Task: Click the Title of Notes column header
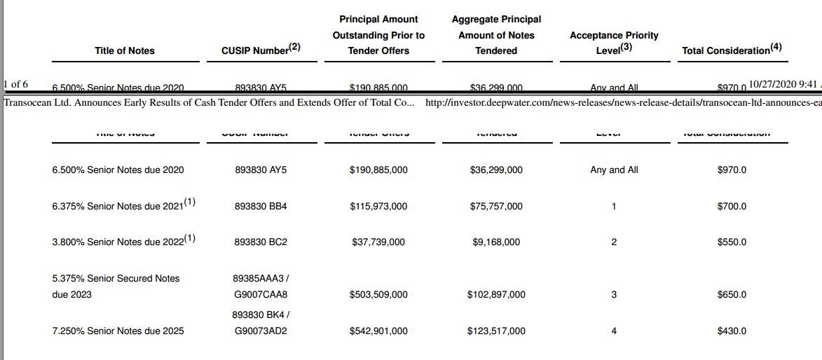coord(124,50)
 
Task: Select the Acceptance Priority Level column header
coord(614,43)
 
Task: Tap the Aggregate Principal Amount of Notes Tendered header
coord(496,35)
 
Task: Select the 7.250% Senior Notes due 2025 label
coord(118,331)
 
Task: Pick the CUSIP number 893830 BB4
coord(261,206)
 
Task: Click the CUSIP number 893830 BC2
coord(261,242)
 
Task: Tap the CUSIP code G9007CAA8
coord(261,294)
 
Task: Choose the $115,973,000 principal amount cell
coord(378,206)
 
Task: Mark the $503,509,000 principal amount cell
coord(378,294)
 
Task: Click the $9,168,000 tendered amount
coord(496,242)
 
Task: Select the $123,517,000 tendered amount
coord(496,331)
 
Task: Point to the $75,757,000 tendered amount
coord(496,206)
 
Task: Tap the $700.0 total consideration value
coord(732,206)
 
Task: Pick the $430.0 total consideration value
coord(732,331)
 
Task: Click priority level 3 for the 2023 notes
coord(614,294)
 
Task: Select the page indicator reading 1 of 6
coord(15,85)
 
